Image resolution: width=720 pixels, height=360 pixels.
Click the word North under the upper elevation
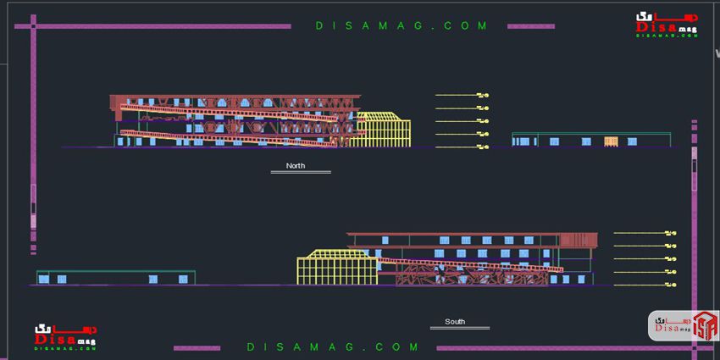[x=296, y=165]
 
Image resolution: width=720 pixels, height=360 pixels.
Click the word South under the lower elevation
[x=455, y=322]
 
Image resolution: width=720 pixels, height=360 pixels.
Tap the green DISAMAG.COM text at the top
[x=402, y=26]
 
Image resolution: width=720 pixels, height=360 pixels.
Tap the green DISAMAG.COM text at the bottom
[x=334, y=346]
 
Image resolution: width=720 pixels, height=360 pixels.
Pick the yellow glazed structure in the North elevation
[x=383, y=130]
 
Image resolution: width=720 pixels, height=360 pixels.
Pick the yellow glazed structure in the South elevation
[x=335, y=268]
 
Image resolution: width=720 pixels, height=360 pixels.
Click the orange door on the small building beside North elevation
[x=612, y=141]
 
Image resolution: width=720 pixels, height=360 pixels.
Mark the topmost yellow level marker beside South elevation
[x=671, y=232]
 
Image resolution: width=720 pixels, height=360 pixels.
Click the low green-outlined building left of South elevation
[x=115, y=278]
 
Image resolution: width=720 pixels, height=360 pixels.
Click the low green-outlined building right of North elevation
[x=590, y=140]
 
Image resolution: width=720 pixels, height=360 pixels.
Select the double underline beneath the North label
[x=300, y=172]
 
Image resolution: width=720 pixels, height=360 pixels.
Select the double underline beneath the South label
[x=455, y=328]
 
